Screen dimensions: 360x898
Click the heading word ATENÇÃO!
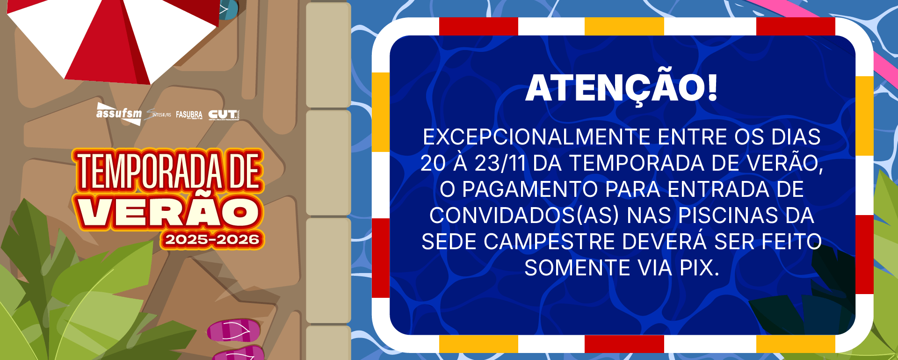(621, 88)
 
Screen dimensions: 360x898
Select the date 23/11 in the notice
(500, 164)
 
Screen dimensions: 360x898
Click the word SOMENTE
(577, 268)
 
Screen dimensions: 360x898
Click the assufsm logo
(119, 114)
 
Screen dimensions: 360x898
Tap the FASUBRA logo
(189, 115)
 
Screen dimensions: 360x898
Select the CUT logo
(224, 115)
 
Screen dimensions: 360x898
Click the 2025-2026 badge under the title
(212, 240)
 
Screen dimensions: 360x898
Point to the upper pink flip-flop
(234, 330)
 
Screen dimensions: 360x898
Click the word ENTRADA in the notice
(715, 190)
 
